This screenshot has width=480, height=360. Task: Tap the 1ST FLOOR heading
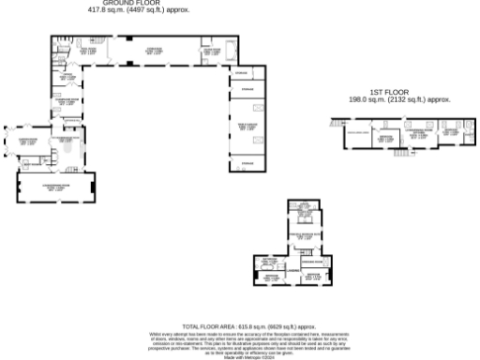tap(385, 92)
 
